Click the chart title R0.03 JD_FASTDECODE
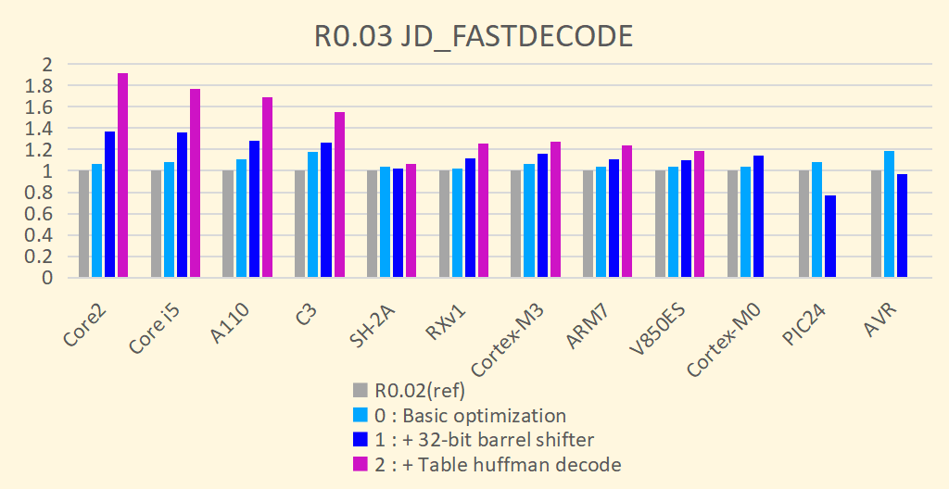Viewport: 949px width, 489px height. click(x=474, y=36)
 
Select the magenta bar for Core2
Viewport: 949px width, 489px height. click(x=122, y=176)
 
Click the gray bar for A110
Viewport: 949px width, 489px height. click(x=228, y=224)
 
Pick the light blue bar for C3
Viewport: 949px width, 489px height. click(x=313, y=215)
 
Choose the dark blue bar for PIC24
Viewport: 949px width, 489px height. click(x=830, y=236)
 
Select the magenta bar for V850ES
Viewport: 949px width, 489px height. click(x=699, y=214)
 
